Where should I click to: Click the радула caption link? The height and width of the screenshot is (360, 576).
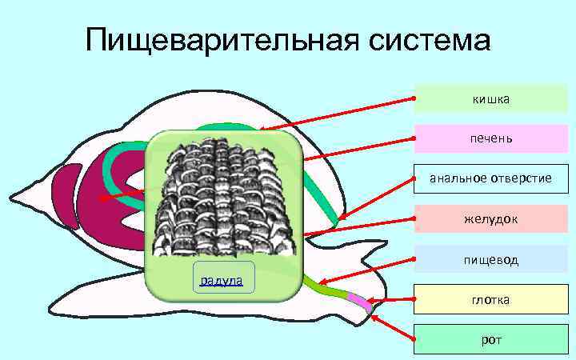pos(223,278)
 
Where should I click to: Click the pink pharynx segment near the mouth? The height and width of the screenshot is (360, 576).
pos(359,301)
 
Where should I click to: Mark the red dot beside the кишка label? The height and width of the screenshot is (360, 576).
pos(414,98)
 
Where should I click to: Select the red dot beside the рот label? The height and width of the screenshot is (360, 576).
pos(414,339)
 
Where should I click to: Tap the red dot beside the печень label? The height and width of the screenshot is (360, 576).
pos(414,138)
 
